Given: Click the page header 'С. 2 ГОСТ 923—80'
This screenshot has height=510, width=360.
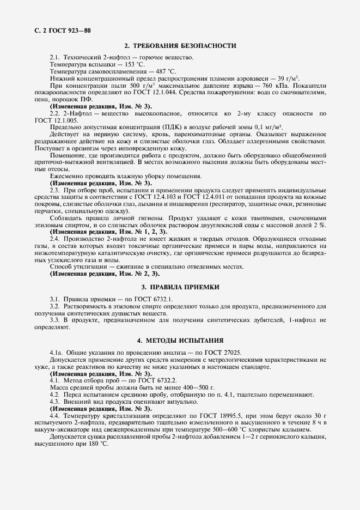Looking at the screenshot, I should [56, 30].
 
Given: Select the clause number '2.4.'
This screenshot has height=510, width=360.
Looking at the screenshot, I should [56, 239].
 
